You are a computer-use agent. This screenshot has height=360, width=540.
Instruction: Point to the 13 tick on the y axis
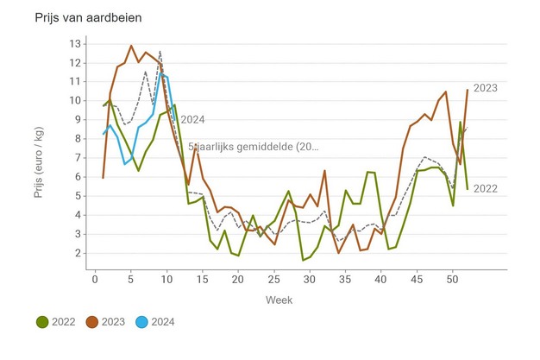75,43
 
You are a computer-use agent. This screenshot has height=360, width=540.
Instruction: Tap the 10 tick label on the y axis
75,100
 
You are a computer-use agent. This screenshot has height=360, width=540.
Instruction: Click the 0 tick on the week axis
95,279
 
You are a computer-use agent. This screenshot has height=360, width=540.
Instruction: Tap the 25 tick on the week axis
274,279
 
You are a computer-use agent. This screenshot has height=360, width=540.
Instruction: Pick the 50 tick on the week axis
454,279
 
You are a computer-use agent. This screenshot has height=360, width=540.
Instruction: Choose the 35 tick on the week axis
346,279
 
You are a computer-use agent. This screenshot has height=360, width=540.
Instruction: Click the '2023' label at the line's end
487,88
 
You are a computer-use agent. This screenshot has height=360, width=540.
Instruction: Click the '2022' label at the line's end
487,189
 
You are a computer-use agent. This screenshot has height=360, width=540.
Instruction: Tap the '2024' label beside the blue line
192,120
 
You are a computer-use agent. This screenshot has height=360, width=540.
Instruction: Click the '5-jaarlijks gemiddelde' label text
254,148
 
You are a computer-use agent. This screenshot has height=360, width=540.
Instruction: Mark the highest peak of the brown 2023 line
131,46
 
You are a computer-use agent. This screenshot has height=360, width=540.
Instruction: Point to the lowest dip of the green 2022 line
303,260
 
